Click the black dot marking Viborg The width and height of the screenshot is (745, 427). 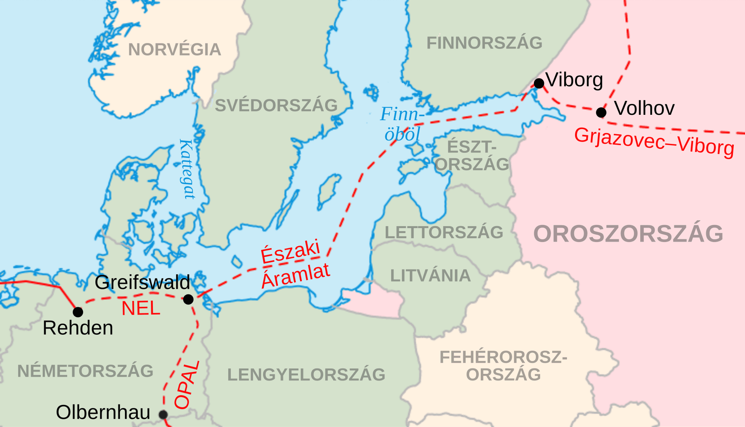click(539, 83)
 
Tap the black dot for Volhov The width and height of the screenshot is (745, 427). click(601, 112)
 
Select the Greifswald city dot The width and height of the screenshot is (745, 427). click(188, 299)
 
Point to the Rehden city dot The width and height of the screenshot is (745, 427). click(78, 312)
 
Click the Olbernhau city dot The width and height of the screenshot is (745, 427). click(163, 415)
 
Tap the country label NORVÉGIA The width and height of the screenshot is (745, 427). click(175, 50)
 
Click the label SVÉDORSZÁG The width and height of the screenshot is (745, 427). click(276, 105)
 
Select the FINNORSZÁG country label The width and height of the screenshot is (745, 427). click(484, 43)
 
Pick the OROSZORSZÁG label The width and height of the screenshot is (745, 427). click(628, 234)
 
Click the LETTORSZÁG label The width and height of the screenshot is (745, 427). click(444, 233)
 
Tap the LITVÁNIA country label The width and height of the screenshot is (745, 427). click(430, 276)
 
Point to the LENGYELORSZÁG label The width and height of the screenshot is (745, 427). click(306, 375)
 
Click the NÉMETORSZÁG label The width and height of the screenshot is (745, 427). click(85, 371)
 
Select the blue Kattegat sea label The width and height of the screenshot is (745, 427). click(187, 169)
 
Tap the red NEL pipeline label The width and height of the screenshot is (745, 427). click(141, 309)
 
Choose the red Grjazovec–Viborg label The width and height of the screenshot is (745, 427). click(654, 142)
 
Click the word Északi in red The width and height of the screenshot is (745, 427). click(291, 252)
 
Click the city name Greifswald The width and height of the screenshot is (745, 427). click(142, 282)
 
